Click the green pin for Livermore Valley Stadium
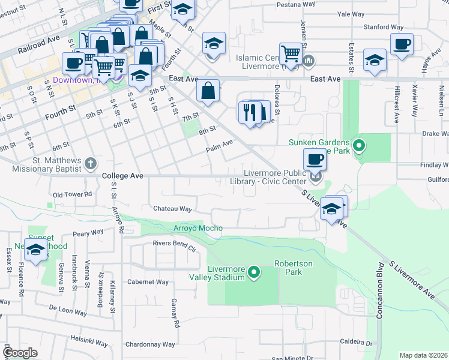254,273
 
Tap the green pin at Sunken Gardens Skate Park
358,145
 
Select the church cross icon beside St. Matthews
90,163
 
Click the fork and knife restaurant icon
250,112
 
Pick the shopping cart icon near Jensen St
291,53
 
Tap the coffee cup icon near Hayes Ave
402,44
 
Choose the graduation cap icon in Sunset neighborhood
36,250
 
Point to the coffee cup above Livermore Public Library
315,160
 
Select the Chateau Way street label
173,209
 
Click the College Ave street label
122,176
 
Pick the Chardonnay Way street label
149,344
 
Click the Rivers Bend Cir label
174,243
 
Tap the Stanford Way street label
388,27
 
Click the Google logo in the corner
20,353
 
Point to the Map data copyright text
424,355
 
